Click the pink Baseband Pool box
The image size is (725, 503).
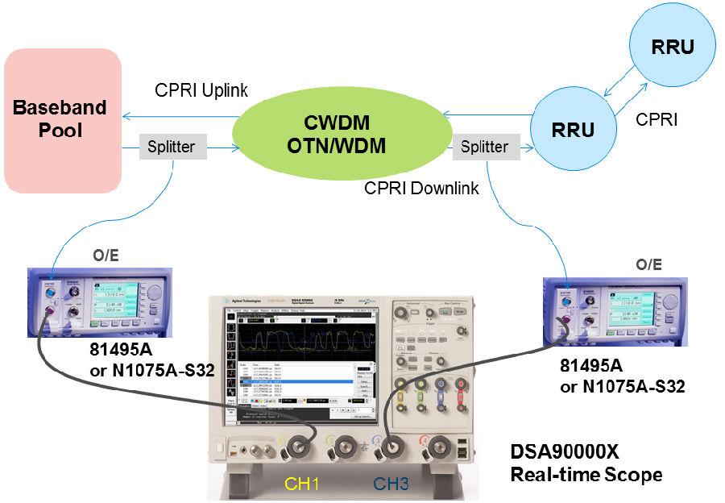pyautogui.click(x=62, y=119)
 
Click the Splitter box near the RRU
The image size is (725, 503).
pyautogui.click(x=485, y=147)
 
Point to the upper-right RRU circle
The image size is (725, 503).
pyautogui.click(x=673, y=47)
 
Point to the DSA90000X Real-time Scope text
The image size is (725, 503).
pyautogui.click(x=586, y=464)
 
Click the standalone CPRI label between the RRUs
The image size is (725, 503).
pyautogui.click(x=657, y=120)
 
